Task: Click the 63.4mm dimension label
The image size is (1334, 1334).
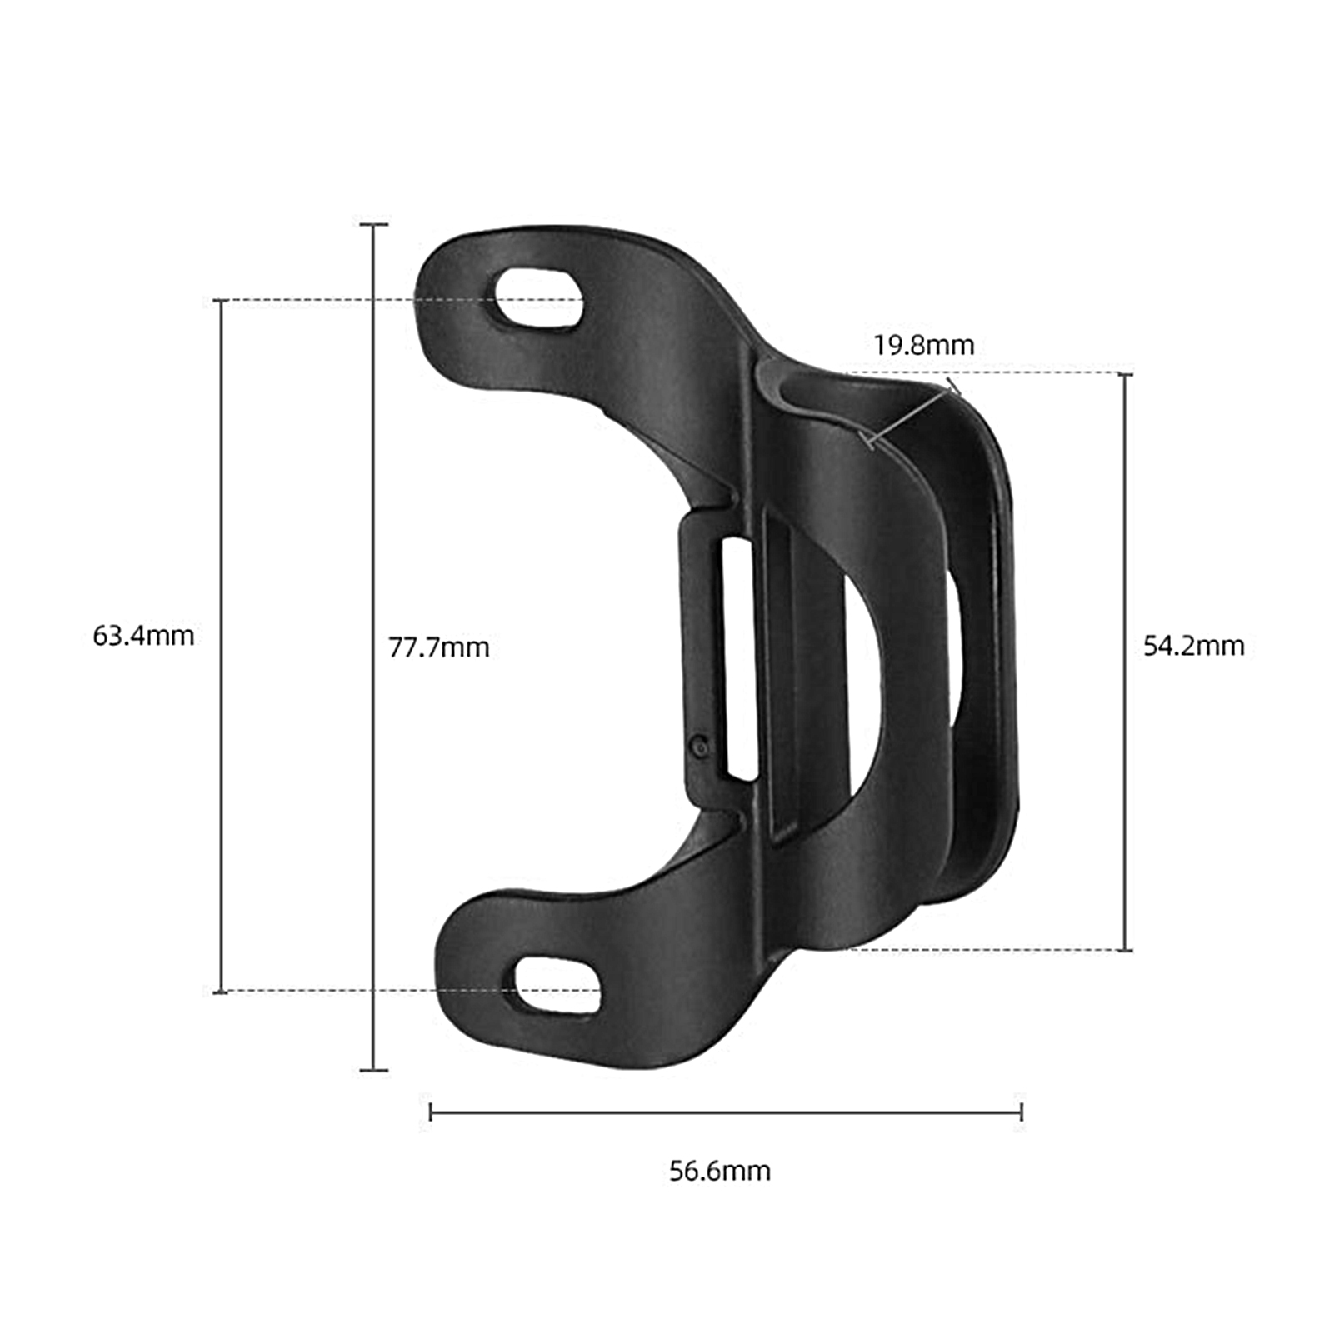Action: (x=142, y=636)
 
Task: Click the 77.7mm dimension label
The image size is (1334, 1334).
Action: (x=438, y=647)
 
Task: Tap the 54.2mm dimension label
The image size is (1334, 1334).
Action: (x=1193, y=646)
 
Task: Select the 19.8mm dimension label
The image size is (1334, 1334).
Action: (x=923, y=345)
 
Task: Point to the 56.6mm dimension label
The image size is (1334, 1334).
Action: (x=720, y=1171)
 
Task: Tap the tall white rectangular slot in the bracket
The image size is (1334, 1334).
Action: (x=738, y=658)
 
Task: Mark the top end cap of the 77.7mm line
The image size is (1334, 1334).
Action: (x=373, y=224)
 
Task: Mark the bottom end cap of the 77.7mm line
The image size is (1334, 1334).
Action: (x=373, y=1070)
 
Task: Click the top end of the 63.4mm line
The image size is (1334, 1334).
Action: (x=221, y=301)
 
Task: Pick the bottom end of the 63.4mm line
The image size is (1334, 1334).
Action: (x=221, y=992)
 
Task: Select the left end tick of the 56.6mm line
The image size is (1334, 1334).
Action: (x=430, y=1112)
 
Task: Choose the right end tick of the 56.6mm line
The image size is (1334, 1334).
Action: (x=1022, y=1112)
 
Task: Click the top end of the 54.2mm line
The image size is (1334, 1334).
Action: (x=1125, y=374)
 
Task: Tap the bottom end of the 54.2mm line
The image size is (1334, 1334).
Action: (x=1125, y=949)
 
